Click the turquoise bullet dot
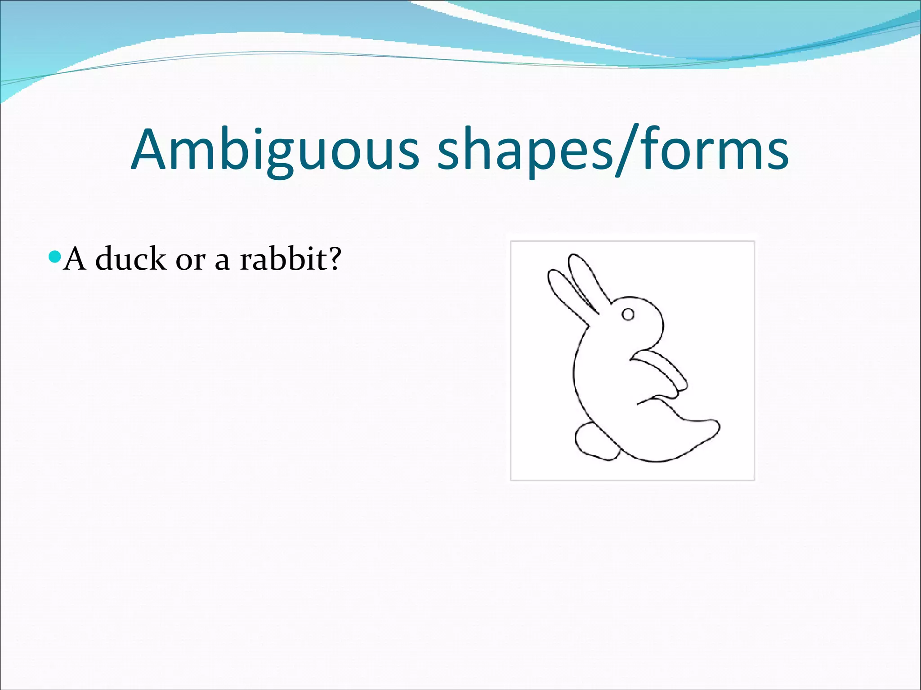54,257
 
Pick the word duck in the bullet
130,259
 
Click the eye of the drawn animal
628,314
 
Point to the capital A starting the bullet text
75,259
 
